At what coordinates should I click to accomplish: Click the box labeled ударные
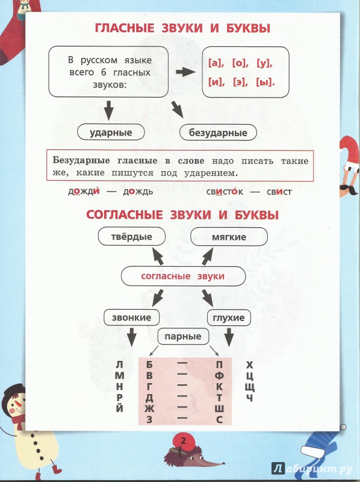(x=111, y=133)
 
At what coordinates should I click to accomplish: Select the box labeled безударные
(x=218, y=133)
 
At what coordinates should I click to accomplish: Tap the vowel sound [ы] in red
(x=265, y=83)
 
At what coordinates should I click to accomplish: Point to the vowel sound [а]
(x=216, y=63)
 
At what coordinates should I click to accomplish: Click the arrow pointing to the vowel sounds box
(x=185, y=72)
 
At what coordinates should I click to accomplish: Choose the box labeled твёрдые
(x=131, y=237)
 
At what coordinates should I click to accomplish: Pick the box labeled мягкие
(x=229, y=237)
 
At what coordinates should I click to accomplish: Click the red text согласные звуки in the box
(x=183, y=276)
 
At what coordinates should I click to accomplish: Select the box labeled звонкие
(x=131, y=318)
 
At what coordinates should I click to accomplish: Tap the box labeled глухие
(x=229, y=318)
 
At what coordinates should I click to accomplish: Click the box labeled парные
(x=183, y=336)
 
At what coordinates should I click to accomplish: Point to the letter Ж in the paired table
(x=149, y=408)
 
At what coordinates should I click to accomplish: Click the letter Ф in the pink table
(x=219, y=375)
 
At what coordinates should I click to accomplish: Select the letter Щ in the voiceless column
(x=250, y=387)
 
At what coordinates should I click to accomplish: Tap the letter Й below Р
(x=120, y=408)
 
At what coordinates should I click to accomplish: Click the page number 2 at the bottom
(x=184, y=441)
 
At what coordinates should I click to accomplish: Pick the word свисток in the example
(x=225, y=192)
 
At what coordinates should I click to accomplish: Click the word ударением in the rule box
(x=211, y=173)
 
